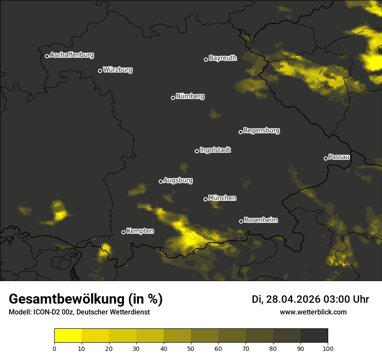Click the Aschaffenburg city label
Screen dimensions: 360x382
[72, 55]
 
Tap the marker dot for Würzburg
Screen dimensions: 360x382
[100, 71]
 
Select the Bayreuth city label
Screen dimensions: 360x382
[223, 58]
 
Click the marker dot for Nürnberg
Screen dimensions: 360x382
[173, 98]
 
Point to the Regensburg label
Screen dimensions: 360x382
[261, 131]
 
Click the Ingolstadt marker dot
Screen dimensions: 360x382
[197, 151]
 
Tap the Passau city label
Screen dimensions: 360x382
[339, 157]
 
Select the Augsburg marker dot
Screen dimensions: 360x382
[161, 181]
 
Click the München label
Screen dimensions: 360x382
[222, 198]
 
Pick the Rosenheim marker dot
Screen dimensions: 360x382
[241, 221]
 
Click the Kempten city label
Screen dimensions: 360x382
[140, 231]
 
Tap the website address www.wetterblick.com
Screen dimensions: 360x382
[313, 312]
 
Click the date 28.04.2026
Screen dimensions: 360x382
[293, 299]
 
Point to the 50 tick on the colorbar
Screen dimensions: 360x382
[191, 348]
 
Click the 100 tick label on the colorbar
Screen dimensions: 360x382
[327, 348]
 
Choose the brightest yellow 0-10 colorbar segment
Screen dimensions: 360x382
[68, 335]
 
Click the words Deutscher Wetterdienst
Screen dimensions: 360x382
[113, 312]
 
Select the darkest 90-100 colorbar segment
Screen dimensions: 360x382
[314, 335]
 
